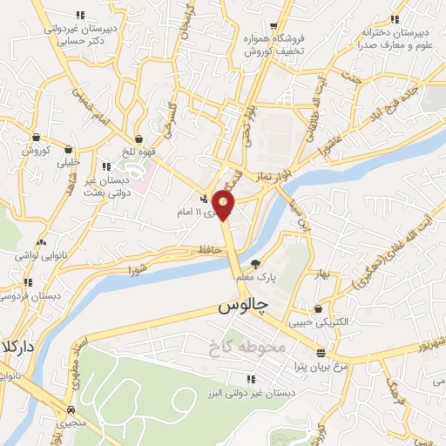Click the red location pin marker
click(x=224, y=205)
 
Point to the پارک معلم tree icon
click(x=255, y=264)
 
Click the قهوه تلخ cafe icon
click(x=139, y=138)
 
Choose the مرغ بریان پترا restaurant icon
click(x=321, y=354)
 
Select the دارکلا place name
click(x=17, y=346)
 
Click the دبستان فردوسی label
click(x=24, y=297)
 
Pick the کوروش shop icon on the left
click(x=36, y=137)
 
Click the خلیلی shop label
click(x=68, y=162)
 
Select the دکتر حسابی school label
click(x=84, y=40)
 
